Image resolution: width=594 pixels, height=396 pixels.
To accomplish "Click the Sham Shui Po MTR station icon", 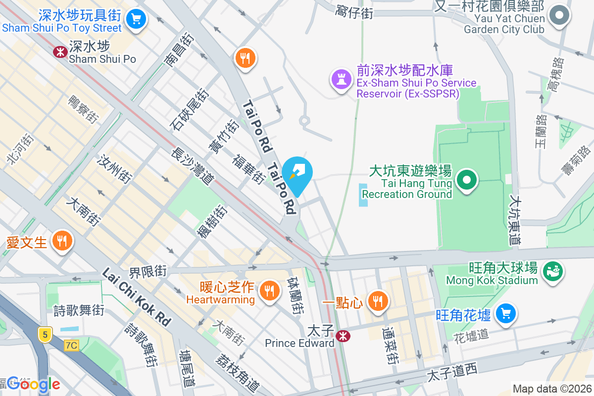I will point(61,51).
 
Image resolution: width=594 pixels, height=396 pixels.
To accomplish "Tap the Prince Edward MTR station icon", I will point(342,337).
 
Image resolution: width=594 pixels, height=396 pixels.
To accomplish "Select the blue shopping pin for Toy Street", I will point(136,19).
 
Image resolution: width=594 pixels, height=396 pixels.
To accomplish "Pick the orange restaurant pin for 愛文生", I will point(62,241).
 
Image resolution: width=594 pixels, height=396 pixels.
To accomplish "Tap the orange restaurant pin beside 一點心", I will point(378,300).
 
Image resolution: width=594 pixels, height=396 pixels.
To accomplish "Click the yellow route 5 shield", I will point(45,335).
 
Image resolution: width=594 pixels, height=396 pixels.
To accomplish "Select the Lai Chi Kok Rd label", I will point(136,297).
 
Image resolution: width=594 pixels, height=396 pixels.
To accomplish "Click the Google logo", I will point(34,384).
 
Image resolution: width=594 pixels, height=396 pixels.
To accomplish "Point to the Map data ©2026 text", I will point(551,389).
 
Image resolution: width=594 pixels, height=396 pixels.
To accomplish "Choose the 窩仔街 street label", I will point(354,11).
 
